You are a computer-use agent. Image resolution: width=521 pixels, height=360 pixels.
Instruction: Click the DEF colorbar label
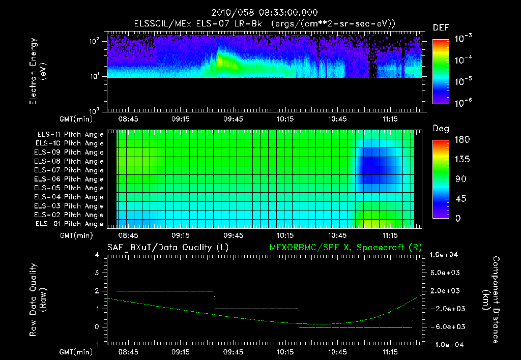point(441,27)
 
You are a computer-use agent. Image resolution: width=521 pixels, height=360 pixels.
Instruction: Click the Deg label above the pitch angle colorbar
point(441,129)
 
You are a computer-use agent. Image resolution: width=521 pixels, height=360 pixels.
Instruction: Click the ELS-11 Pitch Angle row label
point(69,135)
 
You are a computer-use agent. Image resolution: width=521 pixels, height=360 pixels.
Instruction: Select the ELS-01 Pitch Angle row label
point(69,224)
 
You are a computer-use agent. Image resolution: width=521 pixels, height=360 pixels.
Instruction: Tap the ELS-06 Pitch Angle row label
point(69,179)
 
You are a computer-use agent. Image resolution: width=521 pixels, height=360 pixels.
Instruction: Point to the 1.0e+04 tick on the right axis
point(445,255)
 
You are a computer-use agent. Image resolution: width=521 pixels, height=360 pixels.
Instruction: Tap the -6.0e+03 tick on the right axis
point(445,326)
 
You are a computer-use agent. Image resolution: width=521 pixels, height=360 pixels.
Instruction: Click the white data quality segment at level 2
point(165,291)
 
